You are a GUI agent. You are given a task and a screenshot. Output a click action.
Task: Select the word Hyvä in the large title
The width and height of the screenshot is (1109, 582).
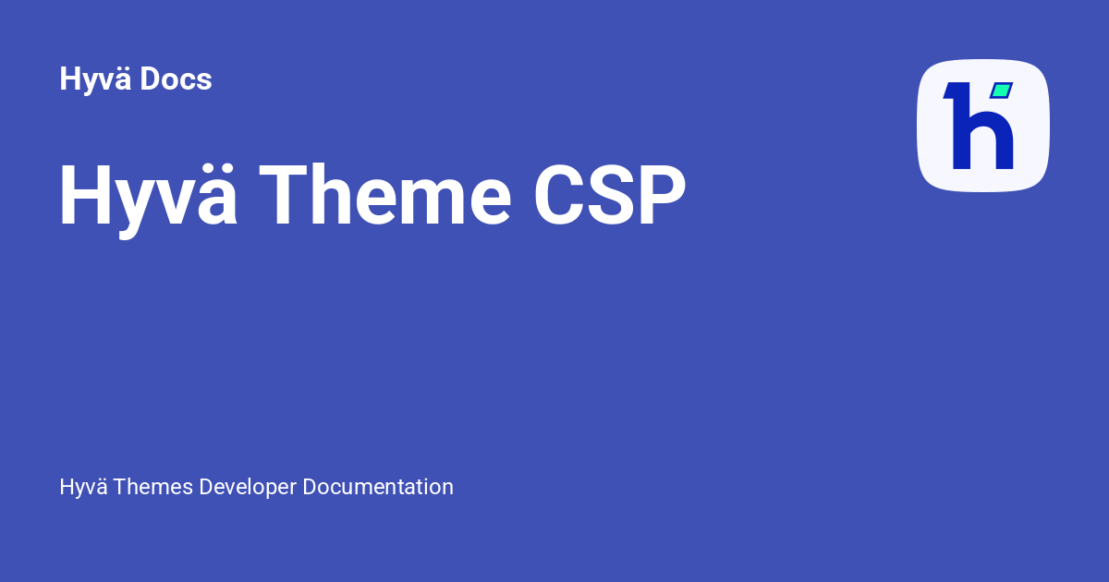coord(148,197)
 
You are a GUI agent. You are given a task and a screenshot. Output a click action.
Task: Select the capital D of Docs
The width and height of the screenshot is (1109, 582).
coord(151,79)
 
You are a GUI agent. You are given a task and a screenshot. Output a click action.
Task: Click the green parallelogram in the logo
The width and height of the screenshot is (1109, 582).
coord(1001,91)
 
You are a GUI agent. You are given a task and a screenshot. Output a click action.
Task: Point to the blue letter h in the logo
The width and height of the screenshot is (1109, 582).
coord(980,129)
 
